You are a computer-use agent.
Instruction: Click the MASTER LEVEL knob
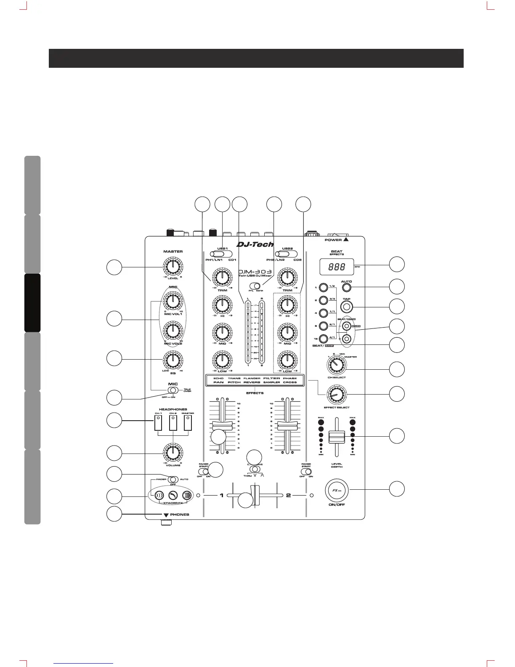(x=173, y=266)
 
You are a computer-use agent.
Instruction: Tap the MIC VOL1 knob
(x=172, y=301)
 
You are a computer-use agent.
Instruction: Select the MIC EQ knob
(x=172, y=360)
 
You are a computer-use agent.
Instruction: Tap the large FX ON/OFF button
(x=337, y=491)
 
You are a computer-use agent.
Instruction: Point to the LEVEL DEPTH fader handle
(x=337, y=437)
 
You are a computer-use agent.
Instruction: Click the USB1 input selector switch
(x=220, y=254)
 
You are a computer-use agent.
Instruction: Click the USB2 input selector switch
(x=286, y=254)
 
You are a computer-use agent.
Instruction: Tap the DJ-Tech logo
(x=255, y=244)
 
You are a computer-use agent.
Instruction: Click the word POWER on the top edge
(x=333, y=240)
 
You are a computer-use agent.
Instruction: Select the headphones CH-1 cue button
(x=158, y=424)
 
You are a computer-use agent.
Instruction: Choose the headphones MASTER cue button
(x=188, y=424)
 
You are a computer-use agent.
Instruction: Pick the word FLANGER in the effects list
(x=252, y=378)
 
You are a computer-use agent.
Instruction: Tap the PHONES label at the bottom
(x=180, y=515)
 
